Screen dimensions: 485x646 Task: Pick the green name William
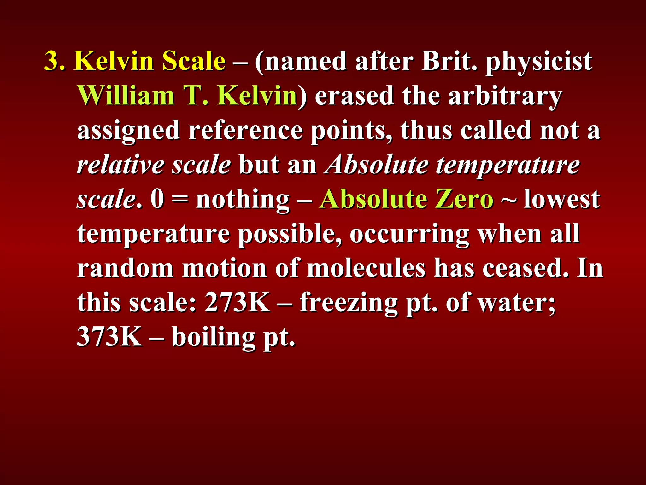pos(126,95)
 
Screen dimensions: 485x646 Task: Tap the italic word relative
pos(120,165)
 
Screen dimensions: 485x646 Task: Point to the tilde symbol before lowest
pos(508,200)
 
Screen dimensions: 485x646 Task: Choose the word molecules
pos(366,268)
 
